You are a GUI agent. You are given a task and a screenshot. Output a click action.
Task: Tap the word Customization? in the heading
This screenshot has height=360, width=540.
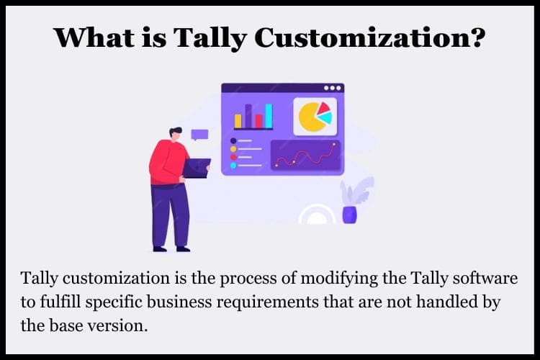(370, 37)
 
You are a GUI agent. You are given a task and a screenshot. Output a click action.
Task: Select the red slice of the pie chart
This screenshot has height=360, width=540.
(323, 108)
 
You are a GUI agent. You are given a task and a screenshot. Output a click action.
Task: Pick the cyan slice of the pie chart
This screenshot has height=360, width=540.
(325, 118)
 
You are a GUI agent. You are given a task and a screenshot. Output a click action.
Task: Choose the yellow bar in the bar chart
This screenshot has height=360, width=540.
(238, 121)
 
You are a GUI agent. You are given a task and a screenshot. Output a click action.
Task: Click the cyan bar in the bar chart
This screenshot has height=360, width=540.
(269, 116)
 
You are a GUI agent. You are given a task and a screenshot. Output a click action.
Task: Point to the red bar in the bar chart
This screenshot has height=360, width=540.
(258, 121)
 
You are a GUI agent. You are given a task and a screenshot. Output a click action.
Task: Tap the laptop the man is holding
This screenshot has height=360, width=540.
(196, 168)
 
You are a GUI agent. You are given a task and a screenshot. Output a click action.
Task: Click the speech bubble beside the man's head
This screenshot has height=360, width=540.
(199, 135)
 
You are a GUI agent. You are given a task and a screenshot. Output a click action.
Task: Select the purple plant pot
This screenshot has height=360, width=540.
(349, 215)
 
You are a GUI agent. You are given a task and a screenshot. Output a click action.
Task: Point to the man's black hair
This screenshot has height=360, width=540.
(175, 131)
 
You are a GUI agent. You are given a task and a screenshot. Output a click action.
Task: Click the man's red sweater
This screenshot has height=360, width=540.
(168, 162)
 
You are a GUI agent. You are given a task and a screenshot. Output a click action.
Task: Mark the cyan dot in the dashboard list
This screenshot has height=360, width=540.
(233, 166)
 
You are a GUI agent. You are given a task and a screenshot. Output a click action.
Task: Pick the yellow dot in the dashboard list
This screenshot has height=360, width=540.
(233, 149)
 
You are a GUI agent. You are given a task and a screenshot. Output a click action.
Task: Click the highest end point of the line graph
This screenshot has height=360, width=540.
(333, 144)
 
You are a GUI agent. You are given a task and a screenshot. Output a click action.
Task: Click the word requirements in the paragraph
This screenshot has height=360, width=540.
(267, 302)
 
